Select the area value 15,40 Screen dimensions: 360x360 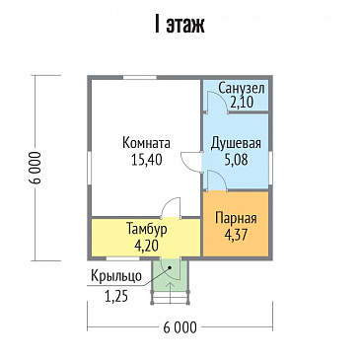point(147,159)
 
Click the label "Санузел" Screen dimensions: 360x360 point(242,88)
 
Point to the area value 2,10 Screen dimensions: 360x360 point(242,102)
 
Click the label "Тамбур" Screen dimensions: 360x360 point(145,229)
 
